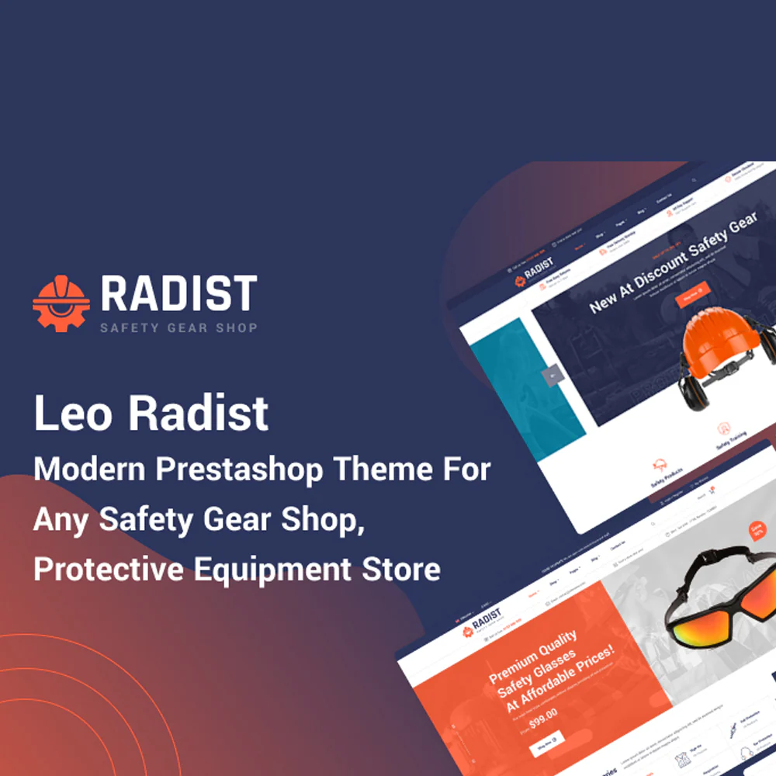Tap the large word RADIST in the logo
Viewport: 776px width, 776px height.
pos(178,293)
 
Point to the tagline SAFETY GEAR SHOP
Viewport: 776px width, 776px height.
pos(178,327)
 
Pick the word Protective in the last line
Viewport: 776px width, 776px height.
pos(108,569)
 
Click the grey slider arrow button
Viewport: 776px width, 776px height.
pos(552,376)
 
